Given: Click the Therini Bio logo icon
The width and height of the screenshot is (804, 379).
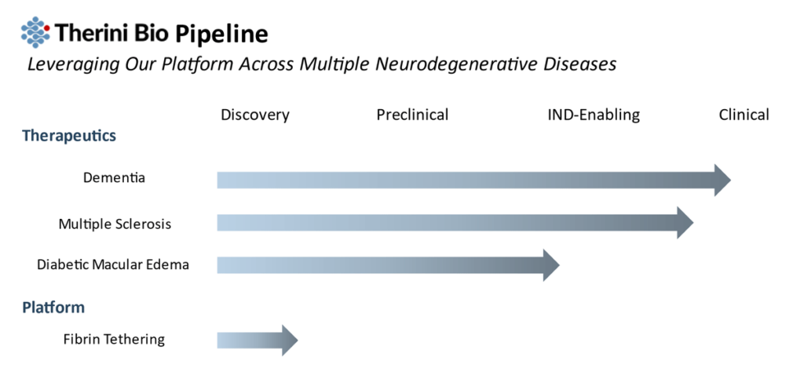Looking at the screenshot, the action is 35,31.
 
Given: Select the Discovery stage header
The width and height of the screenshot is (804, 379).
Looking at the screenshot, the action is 255,115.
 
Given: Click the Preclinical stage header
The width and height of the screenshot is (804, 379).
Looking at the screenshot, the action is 412,115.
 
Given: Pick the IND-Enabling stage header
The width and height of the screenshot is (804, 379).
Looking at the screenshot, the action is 594,115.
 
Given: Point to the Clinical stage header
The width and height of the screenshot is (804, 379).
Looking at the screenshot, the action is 744,115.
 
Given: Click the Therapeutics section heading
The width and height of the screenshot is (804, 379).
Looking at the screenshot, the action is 69,137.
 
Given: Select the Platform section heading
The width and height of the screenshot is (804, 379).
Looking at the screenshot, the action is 53,308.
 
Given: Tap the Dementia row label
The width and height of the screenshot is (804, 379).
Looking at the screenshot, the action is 114,177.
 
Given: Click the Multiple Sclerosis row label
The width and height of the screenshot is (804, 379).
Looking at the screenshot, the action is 115,224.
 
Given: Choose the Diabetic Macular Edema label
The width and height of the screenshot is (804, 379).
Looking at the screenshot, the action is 113,264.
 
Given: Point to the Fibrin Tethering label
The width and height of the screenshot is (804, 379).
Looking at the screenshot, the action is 114,339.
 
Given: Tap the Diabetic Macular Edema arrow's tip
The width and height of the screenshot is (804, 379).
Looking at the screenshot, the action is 559,265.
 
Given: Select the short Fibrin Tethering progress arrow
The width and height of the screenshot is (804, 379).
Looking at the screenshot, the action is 258,340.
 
